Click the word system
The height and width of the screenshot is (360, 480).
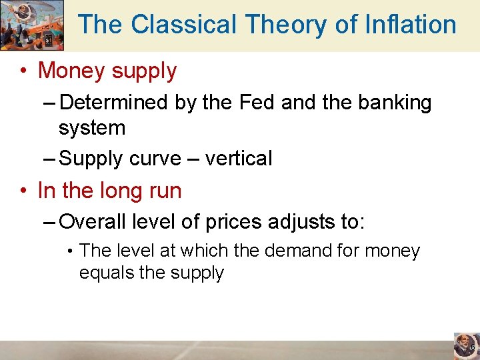pos(92,127)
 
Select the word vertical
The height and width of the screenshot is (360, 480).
pos(239,159)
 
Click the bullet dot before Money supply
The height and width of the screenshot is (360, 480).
pos(24,71)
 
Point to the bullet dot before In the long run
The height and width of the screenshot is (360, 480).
pos(24,191)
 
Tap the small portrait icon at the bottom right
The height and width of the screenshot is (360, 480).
pos(466,346)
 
